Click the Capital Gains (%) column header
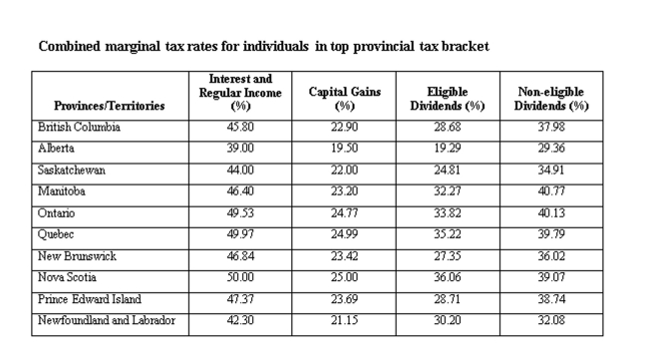coord(345,98)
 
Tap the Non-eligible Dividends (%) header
coord(550,98)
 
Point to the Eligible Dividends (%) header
coord(447,98)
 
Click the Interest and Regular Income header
coord(242,92)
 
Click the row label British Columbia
coord(81,127)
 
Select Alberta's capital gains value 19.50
coord(345,148)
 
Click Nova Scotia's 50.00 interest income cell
coord(242,277)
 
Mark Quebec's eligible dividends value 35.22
coord(447,234)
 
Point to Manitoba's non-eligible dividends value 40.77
coord(550,191)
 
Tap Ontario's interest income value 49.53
coord(242,212)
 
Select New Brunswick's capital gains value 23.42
coord(345,255)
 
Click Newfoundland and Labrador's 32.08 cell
coord(550,320)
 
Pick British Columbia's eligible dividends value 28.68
coord(447,127)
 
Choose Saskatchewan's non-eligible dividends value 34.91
coord(550,170)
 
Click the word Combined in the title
coord(69,46)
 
